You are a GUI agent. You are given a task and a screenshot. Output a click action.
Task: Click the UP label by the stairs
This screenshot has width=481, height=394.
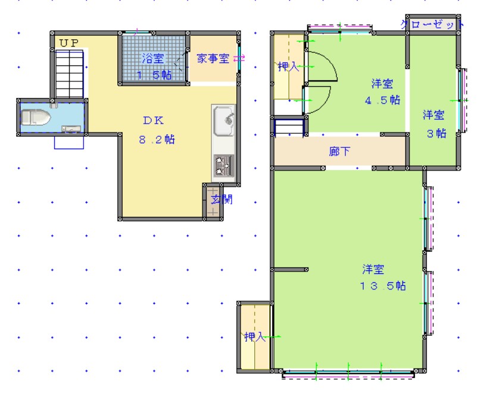point(68,43)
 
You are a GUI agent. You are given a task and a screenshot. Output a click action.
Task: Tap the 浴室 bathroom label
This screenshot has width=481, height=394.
point(152,58)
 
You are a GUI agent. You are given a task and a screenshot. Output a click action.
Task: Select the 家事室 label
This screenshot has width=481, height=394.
point(213,59)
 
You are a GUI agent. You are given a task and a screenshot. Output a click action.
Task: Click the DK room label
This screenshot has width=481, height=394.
point(153,120)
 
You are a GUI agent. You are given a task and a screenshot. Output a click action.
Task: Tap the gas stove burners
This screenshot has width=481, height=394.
point(224,166)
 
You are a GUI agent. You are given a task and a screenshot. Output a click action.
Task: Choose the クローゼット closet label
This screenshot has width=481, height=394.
point(432,25)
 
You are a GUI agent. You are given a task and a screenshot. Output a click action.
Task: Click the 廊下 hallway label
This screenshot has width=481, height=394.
point(339,152)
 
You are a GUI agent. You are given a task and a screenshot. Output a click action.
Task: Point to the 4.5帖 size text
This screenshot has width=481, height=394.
point(382,100)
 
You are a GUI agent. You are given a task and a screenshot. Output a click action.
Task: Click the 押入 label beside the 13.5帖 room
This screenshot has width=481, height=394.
point(255,337)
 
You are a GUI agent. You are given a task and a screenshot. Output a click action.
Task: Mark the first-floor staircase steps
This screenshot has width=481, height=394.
point(70,73)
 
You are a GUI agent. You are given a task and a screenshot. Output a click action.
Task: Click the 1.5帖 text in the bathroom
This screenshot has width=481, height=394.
point(154,75)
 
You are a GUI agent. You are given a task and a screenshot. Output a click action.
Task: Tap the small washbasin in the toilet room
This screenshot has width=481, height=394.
point(71,128)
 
